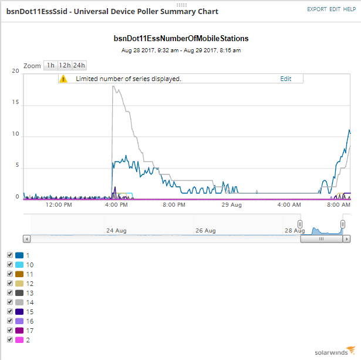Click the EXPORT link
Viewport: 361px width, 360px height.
pos(316,9)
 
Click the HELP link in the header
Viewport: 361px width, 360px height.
pos(350,9)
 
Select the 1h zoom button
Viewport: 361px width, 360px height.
pos(51,65)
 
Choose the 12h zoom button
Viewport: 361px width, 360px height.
pos(65,65)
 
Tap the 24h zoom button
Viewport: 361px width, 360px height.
pos(79,65)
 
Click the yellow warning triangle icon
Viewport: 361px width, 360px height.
pos(64,79)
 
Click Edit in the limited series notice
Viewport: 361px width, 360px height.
pos(285,79)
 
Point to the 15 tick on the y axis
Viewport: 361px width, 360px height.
pos(16,102)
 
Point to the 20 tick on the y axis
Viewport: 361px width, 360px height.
pos(16,70)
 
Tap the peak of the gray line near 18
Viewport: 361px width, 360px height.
pos(113,87)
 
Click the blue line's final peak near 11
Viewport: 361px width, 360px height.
pos(349,130)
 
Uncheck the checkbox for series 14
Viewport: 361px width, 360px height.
pos(9,302)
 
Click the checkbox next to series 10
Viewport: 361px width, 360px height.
pos(9,264)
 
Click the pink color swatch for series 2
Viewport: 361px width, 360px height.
pos(19,339)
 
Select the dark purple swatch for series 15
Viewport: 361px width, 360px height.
pos(19,311)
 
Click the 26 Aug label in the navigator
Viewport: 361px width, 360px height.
pos(206,231)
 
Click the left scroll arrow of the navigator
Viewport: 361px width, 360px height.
pos(26,239)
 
